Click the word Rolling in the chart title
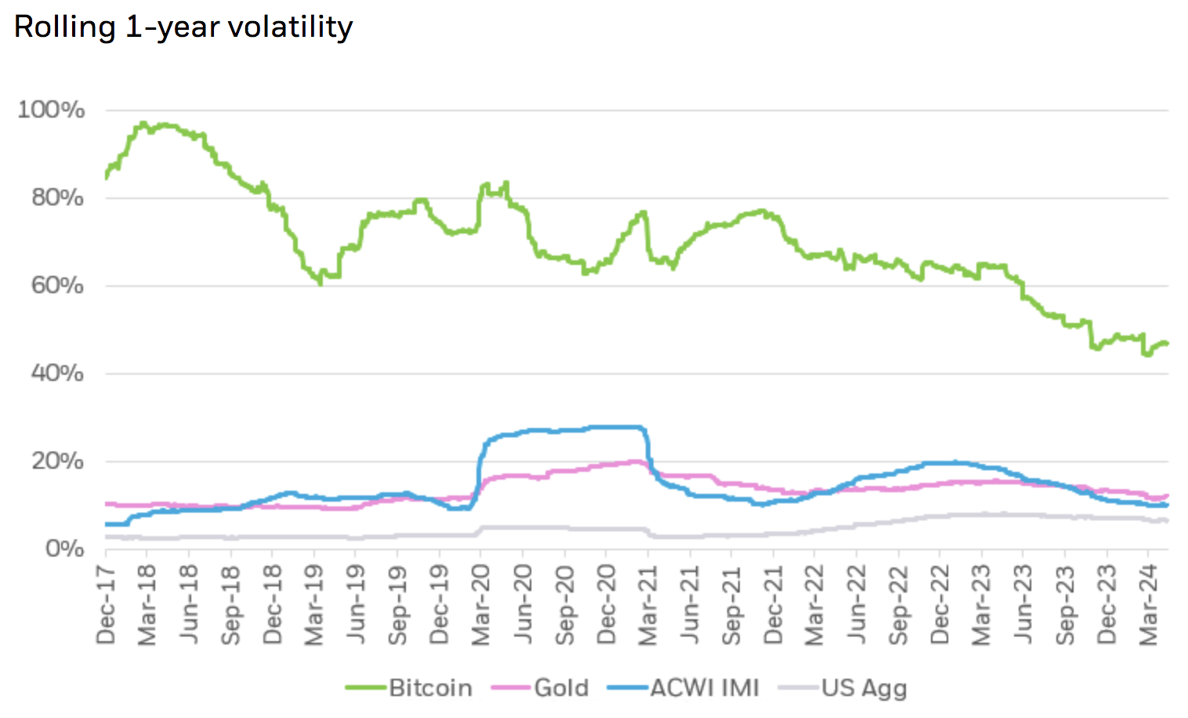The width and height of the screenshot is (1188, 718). point(65,27)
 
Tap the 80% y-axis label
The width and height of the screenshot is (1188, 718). point(57,198)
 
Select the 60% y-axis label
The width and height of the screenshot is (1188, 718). point(57,285)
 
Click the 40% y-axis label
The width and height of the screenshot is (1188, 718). point(57,373)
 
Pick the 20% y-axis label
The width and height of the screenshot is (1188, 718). point(57,461)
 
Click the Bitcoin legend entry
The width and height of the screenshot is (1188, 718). point(430,688)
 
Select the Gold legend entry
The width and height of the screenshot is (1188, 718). point(561,688)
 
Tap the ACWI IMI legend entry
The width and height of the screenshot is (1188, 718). point(704,688)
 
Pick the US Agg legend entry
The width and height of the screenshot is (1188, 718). point(864,688)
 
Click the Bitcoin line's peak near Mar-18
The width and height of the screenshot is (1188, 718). point(143,123)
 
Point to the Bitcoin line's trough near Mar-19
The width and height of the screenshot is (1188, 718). point(320,283)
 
